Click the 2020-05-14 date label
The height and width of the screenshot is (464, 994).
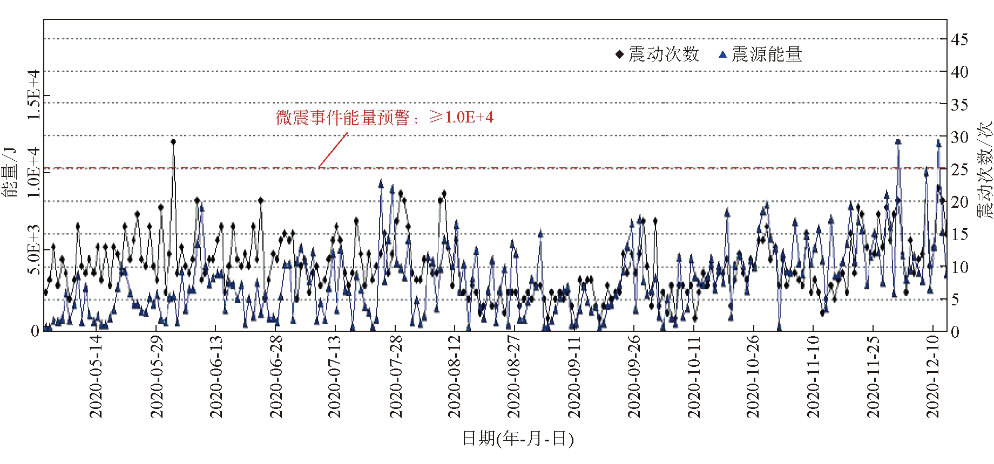coord(96,377)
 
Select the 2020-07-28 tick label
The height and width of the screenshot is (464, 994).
coord(396,377)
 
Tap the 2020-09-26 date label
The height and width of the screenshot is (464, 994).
coord(634,377)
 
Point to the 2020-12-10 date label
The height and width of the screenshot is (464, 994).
coord(933,377)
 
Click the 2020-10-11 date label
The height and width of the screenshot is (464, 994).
coord(694,377)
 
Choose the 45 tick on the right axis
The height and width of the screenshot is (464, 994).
coord(959,39)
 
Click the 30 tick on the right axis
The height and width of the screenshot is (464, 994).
coord(959,138)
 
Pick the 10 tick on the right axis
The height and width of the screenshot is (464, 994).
coord(959,267)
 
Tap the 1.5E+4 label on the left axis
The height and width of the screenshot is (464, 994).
coord(34,95)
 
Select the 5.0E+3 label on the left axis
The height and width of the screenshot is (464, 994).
coord(34,249)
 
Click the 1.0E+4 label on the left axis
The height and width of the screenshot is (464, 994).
coord(34,172)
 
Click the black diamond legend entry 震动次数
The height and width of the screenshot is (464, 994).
coord(658,54)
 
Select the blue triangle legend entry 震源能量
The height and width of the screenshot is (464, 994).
coord(760,54)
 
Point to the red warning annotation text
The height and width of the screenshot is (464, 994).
coord(384,118)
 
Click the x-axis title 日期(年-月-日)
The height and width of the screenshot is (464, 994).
coord(517,438)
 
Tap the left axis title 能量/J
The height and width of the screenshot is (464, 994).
coord(11,172)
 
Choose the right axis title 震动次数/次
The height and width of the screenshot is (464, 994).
coord(984,170)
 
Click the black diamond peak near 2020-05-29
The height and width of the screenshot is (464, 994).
coord(173,142)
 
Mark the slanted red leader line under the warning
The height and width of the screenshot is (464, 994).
coord(333,151)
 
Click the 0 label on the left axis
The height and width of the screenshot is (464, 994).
coord(35,331)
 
